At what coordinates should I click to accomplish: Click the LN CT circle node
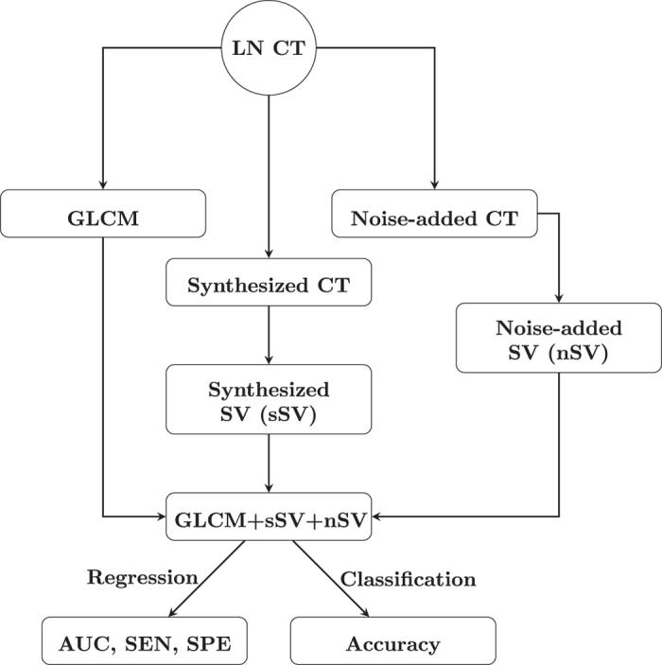coord(270,45)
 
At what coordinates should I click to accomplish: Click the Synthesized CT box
coord(270,283)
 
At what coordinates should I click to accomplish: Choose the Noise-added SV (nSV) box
coord(544,339)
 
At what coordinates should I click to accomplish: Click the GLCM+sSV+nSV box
coord(270,517)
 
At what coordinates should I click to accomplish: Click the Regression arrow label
coord(142,577)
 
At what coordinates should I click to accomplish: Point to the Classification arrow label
coord(408,577)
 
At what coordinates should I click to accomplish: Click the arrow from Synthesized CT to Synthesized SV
coord(270,336)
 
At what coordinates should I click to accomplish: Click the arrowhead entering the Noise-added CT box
coord(434,185)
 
